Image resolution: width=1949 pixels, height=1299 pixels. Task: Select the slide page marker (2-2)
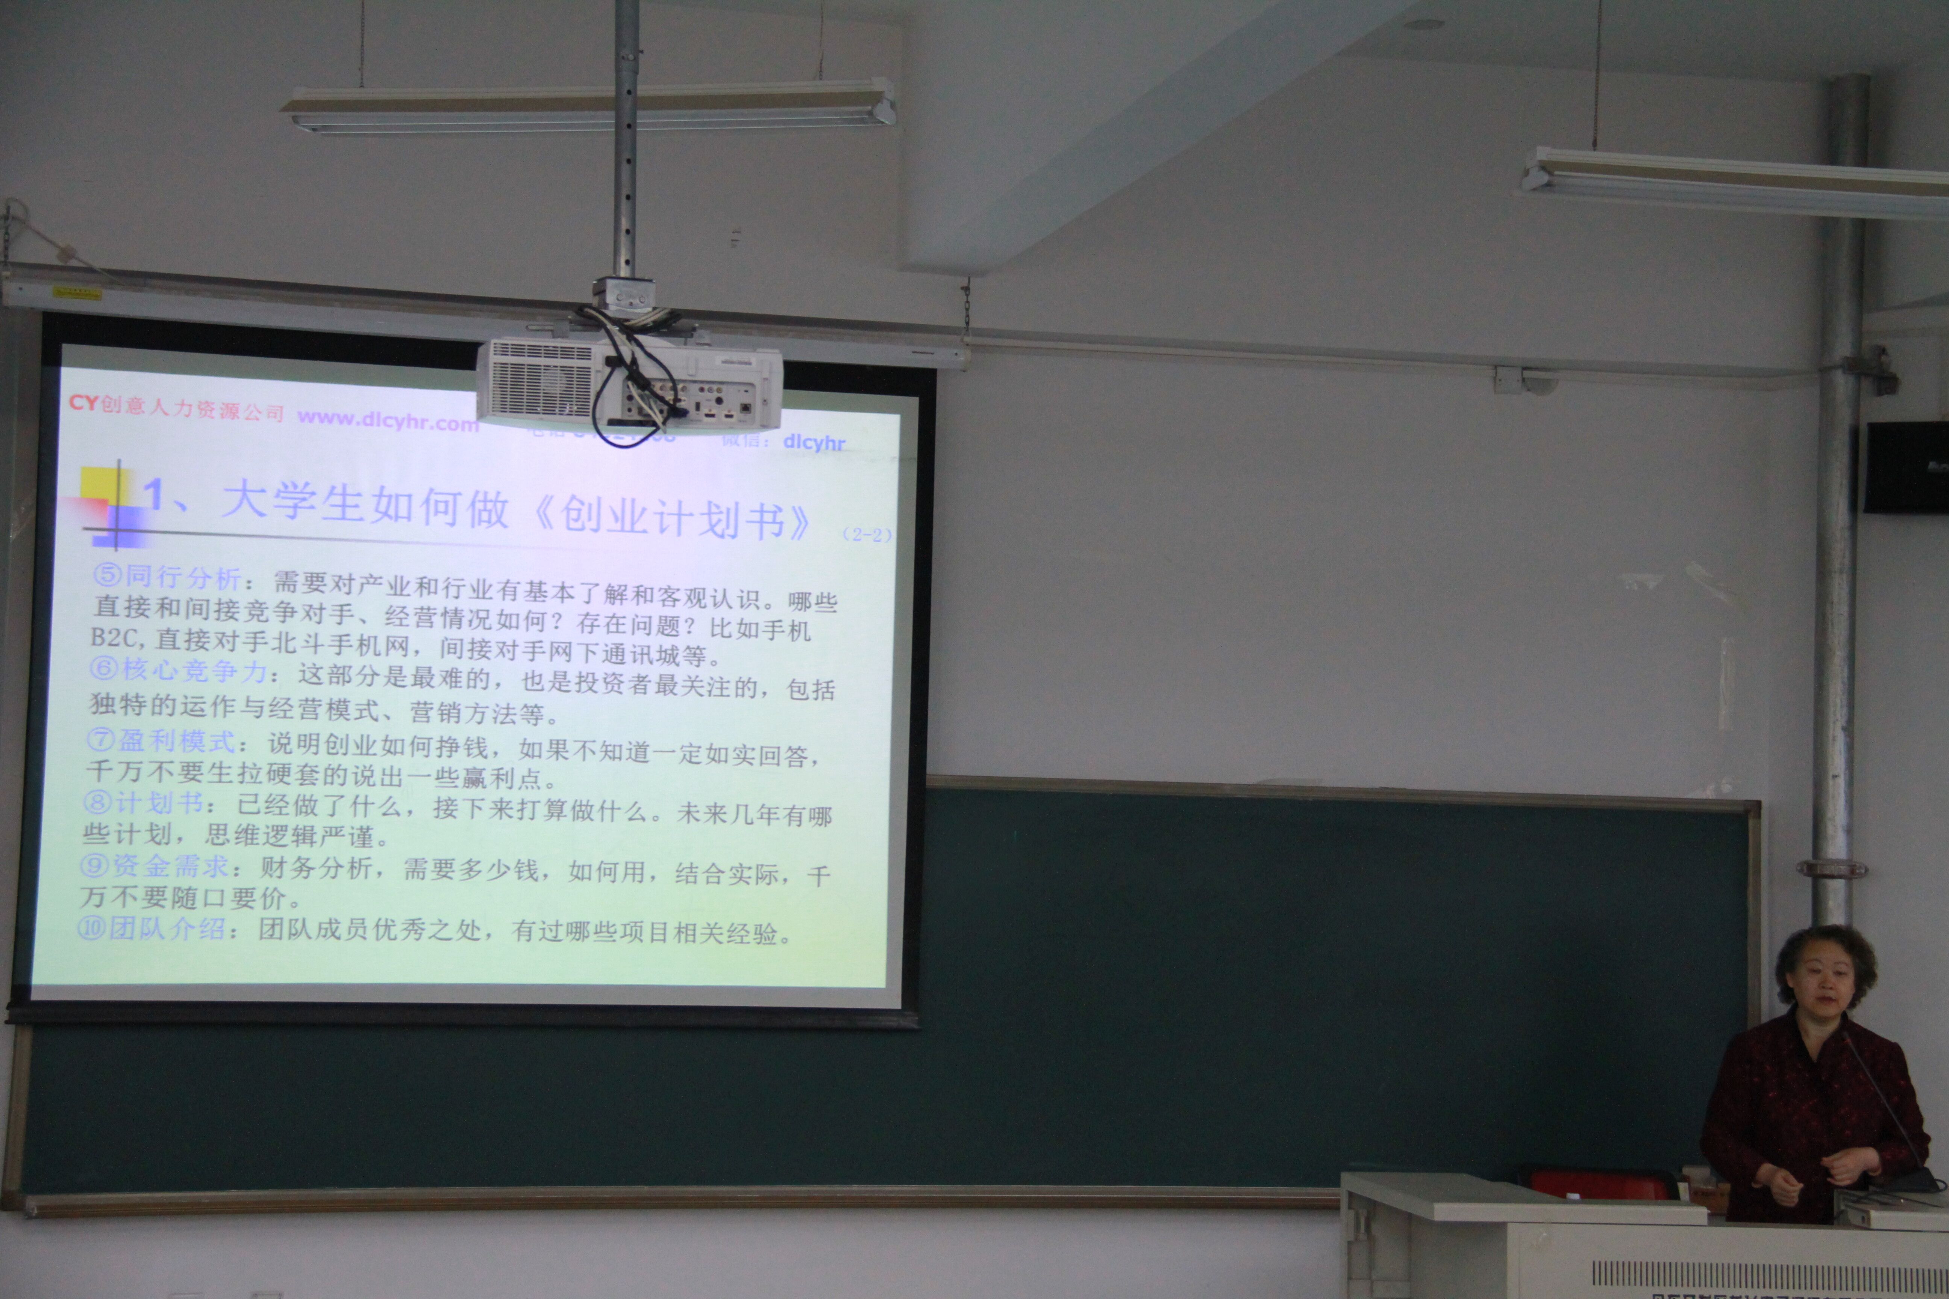click(x=866, y=534)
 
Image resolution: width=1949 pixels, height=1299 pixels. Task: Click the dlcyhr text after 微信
click(x=814, y=442)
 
